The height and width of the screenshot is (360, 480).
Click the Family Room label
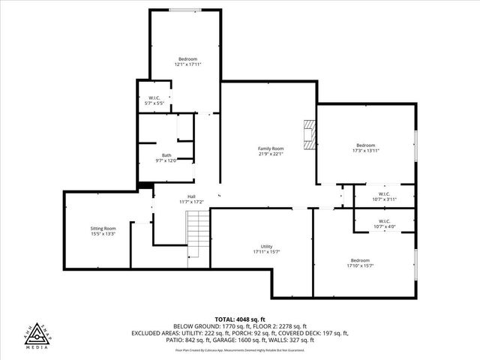271,148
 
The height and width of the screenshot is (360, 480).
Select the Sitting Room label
103,228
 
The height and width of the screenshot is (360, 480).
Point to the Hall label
170,196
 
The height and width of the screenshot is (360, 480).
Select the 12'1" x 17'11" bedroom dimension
187,64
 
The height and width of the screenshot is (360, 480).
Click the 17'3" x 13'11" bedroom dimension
365,151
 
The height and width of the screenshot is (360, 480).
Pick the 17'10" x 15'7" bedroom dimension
360,265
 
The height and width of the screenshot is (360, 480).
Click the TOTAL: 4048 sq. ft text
240,319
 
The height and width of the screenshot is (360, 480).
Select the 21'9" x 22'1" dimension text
271,154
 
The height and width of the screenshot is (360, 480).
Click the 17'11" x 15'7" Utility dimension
266,252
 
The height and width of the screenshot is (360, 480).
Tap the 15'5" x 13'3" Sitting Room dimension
103,234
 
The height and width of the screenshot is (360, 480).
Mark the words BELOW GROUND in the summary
193,326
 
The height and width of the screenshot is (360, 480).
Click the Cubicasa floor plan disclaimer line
240,349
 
